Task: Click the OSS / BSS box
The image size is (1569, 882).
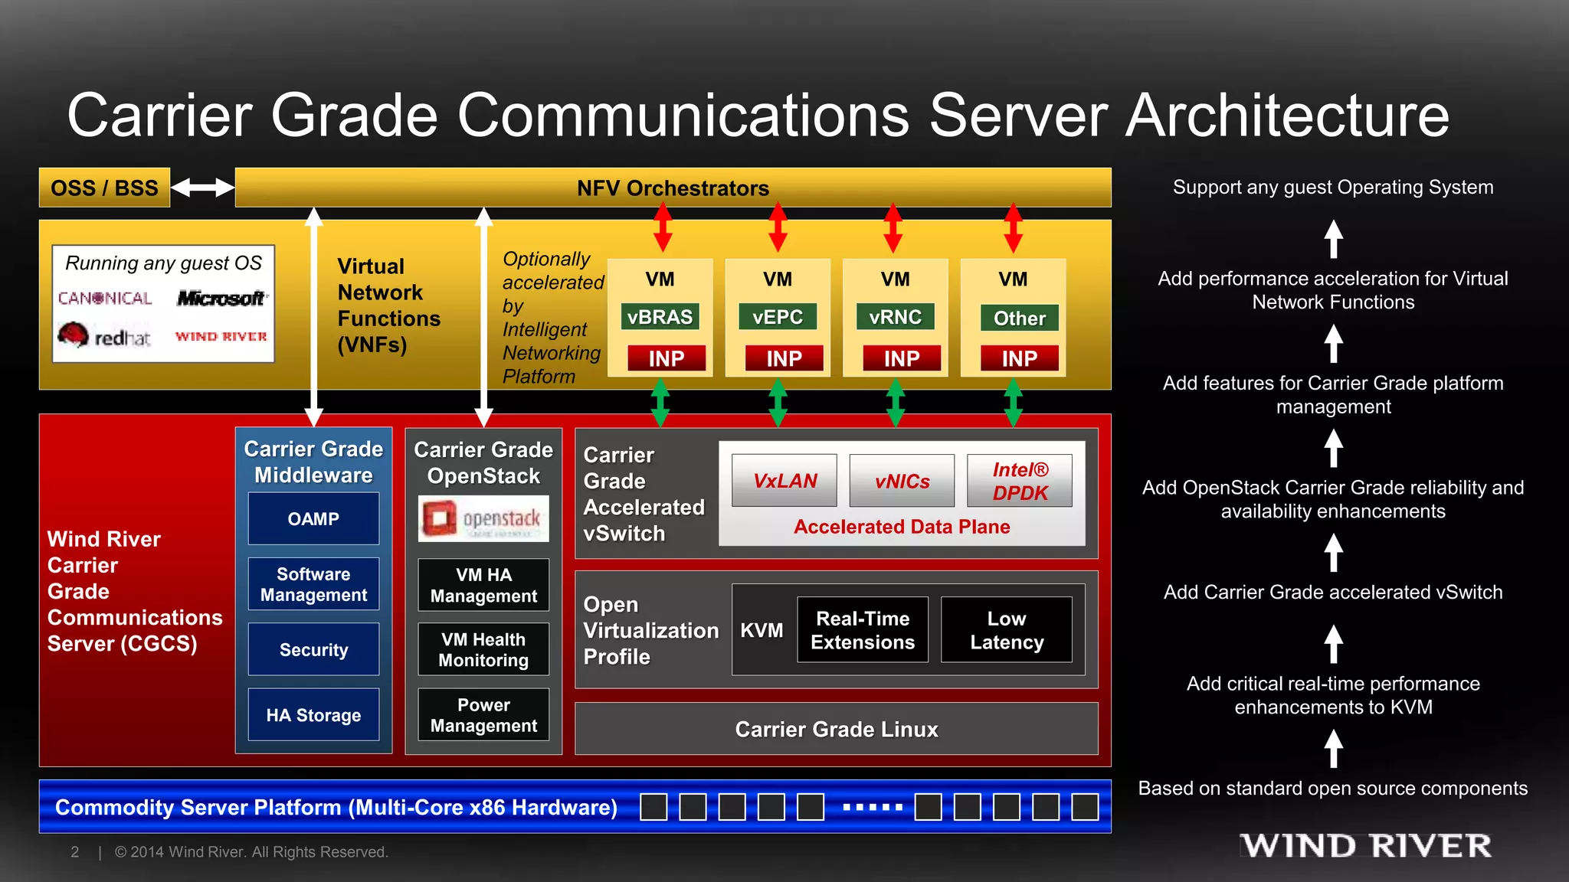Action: (104, 188)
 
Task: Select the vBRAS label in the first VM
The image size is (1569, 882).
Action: (660, 317)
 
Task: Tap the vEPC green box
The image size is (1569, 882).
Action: (778, 317)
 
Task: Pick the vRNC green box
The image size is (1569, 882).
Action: (895, 317)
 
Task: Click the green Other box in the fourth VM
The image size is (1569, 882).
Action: (1019, 318)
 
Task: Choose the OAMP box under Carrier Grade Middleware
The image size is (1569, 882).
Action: (313, 518)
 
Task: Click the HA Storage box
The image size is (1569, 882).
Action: (313, 714)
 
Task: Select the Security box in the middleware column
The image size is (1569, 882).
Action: (313, 649)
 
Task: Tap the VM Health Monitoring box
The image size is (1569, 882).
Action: (483, 649)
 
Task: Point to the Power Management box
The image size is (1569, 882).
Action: (483, 714)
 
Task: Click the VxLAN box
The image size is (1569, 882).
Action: (784, 481)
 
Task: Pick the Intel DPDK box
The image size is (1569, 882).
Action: (1020, 481)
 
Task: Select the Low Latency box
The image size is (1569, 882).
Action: (1007, 629)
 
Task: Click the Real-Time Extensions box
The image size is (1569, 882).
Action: (863, 629)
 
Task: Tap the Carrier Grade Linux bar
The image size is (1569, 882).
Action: (836, 729)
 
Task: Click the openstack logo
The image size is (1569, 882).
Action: (483, 518)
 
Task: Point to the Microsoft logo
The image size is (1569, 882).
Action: (221, 298)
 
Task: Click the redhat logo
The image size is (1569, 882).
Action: (104, 335)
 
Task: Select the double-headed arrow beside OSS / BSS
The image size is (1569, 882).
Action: (202, 188)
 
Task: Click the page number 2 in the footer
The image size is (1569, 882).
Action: (74, 852)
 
